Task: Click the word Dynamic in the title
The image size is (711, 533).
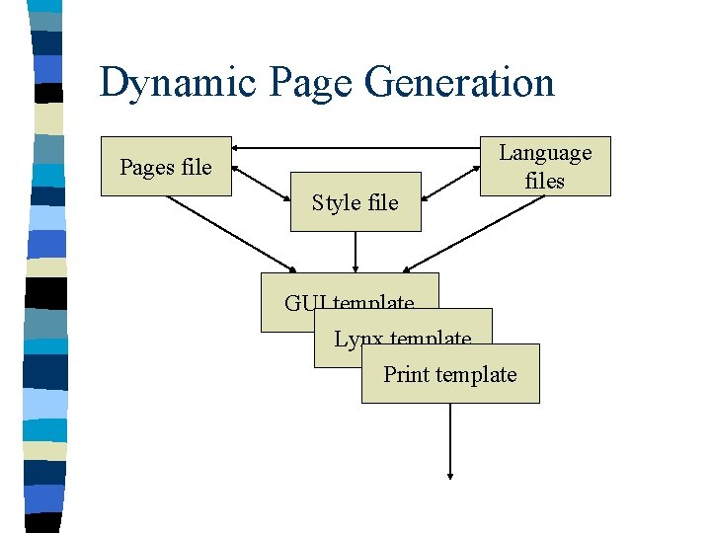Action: click(x=163, y=83)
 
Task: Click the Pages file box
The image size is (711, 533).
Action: click(x=166, y=166)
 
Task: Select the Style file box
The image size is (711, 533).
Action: click(x=355, y=202)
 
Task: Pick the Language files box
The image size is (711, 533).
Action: click(x=545, y=166)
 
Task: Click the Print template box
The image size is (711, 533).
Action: click(x=450, y=374)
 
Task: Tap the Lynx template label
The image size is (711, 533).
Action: click(x=402, y=339)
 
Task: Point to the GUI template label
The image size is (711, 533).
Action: click(x=349, y=303)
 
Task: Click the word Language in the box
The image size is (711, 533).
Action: click(x=545, y=153)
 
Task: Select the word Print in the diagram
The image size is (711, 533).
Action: click(x=406, y=374)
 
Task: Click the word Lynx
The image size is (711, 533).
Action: click(x=358, y=339)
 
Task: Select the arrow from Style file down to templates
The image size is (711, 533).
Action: click(x=355, y=252)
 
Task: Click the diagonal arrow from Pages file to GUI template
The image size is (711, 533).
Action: click(x=232, y=233)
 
